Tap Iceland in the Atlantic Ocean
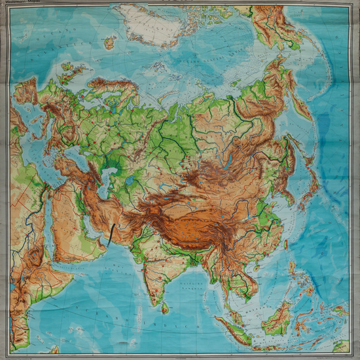tap(109, 43)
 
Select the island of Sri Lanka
tap(164, 306)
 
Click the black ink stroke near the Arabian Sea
tap(113, 233)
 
